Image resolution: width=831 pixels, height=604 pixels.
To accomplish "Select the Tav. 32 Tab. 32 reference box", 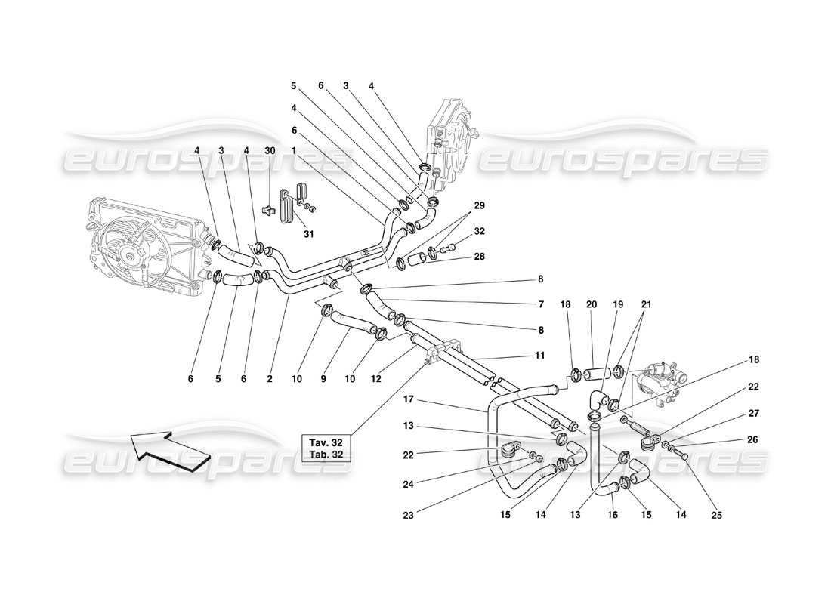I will pyautogui.click(x=327, y=448).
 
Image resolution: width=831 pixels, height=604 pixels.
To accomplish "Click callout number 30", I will pyautogui.click(x=270, y=149).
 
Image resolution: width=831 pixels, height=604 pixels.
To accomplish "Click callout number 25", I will pyautogui.click(x=716, y=516).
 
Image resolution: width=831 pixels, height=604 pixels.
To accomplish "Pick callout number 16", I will pyautogui.click(x=613, y=516).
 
